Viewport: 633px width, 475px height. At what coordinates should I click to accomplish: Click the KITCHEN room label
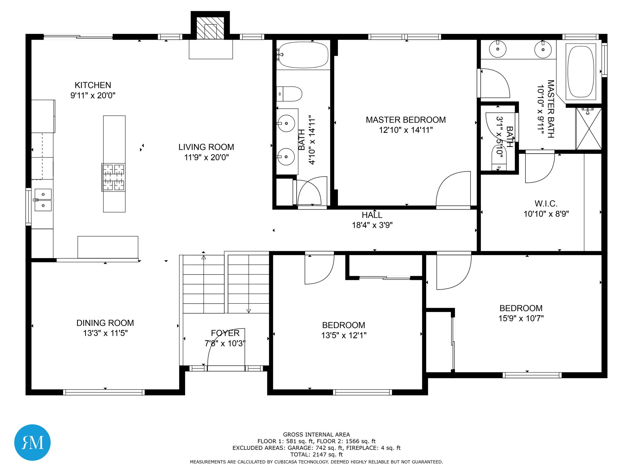pyautogui.click(x=93, y=85)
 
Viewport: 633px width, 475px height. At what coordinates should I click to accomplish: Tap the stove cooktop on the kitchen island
pyautogui.click(x=113, y=177)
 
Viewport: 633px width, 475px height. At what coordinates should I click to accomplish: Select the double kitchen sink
pyautogui.click(x=43, y=200)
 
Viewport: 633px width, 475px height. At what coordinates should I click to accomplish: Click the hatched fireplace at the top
pyautogui.click(x=210, y=28)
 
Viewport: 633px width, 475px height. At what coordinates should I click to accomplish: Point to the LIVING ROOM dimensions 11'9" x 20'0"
pyautogui.click(x=206, y=157)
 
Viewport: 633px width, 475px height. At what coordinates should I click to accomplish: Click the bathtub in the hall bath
pyautogui.click(x=303, y=55)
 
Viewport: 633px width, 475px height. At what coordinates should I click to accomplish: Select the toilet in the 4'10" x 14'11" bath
pyautogui.click(x=290, y=94)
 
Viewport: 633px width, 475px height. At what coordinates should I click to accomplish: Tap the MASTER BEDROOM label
pyautogui.click(x=406, y=120)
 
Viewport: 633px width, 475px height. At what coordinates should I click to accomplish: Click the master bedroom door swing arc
pyautogui.click(x=453, y=189)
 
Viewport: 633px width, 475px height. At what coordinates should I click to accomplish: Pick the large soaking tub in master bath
pyautogui.click(x=581, y=71)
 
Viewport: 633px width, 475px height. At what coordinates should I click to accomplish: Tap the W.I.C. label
pyautogui.click(x=546, y=203)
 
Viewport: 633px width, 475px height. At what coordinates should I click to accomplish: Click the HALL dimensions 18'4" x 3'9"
pyautogui.click(x=372, y=225)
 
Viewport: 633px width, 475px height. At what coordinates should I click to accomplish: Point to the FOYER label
pyautogui.click(x=225, y=333)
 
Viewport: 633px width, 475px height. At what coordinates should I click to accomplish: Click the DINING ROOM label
pyautogui.click(x=105, y=323)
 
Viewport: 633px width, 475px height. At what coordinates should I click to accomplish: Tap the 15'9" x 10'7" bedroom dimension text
pyautogui.click(x=521, y=318)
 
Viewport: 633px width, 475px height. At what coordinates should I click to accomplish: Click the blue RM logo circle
pyautogui.click(x=32, y=442)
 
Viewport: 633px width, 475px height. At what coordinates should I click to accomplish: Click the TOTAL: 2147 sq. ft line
pyautogui.click(x=316, y=454)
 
